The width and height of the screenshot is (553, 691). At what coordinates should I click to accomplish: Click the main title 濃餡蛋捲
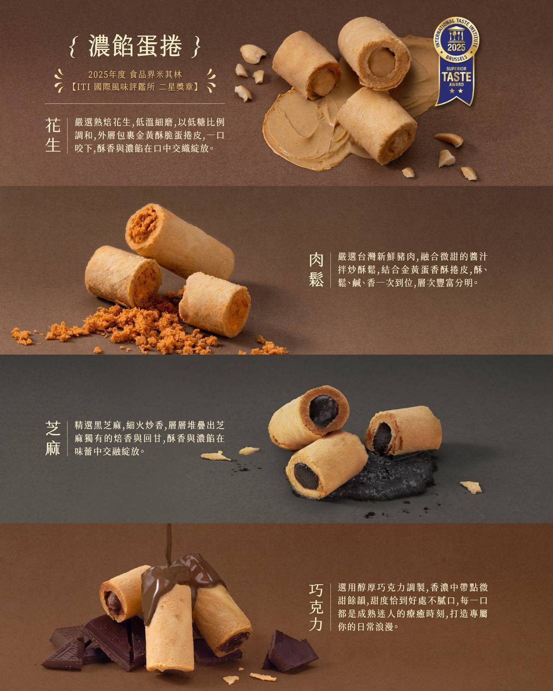coord(135,46)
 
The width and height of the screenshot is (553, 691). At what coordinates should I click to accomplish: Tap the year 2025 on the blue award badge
coord(456,47)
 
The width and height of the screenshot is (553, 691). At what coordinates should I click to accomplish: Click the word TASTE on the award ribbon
coord(456,77)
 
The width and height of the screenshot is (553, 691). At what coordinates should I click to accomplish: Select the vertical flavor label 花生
coord(53,135)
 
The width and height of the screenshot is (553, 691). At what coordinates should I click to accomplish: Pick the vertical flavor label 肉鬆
coord(316,269)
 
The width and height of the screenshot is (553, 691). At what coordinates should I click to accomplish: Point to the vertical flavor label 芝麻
coord(53,438)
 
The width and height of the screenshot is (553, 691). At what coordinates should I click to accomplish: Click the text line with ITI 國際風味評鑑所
coord(135,87)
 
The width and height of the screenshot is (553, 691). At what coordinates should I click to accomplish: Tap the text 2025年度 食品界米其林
coord(135,75)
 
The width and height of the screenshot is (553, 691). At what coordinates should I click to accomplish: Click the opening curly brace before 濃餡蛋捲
coord(73,47)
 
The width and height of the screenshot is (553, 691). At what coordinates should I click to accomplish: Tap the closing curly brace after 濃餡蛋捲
coord(197,47)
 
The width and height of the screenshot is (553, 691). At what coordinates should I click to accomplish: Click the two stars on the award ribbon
coord(456,91)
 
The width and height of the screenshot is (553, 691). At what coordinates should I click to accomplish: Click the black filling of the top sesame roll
coord(324,410)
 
